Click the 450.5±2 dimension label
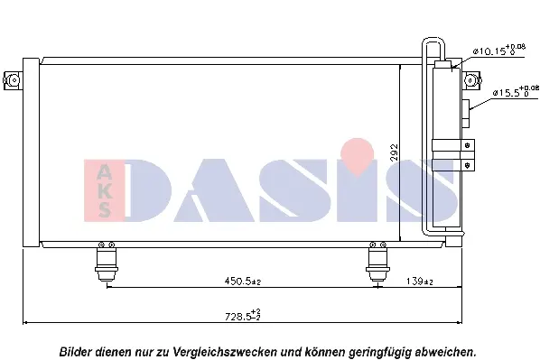pyautogui.click(x=243, y=282)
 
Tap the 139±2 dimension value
pyautogui.click(x=419, y=282)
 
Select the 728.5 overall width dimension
pyautogui.click(x=243, y=315)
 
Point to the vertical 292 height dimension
pyautogui.click(x=394, y=152)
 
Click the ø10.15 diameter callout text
pyautogui.click(x=498, y=51)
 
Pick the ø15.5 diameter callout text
pyautogui.click(x=516, y=91)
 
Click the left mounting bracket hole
pyautogui.click(x=14, y=80)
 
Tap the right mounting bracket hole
pyautogui.click(x=470, y=80)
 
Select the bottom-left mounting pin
pyautogui.click(x=107, y=263)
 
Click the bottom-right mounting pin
pyautogui.click(x=377, y=263)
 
